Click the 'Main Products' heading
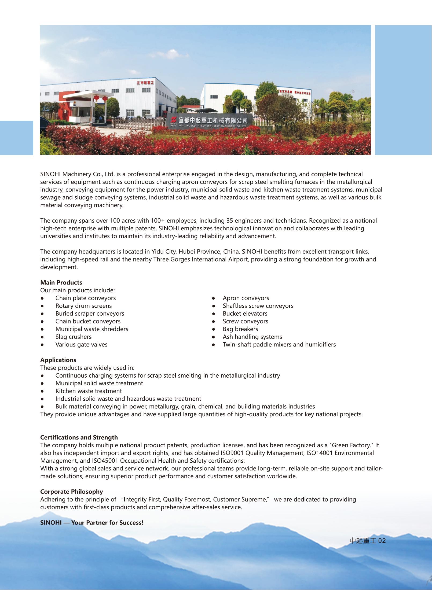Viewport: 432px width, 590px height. coord(61,282)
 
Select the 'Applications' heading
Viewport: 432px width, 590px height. coord(58,360)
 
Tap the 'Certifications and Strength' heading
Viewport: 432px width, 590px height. coord(79,437)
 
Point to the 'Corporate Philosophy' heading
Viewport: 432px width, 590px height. coord(72,492)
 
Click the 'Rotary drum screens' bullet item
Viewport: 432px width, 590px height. coord(83,306)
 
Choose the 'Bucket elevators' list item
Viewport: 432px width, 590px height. coord(245,314)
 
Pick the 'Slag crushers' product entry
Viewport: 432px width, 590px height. coord(74,337)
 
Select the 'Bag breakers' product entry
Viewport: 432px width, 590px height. coord(240,329)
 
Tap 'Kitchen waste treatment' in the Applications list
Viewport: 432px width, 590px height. coord(89,391)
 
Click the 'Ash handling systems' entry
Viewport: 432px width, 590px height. coord(252,337)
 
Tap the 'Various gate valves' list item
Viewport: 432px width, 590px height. coord(81,345)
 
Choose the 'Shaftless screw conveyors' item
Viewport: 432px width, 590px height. coord(258,306)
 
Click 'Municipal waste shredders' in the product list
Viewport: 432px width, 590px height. coord(92,329)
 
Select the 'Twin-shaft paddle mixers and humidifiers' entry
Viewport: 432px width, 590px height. coord(279,345)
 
